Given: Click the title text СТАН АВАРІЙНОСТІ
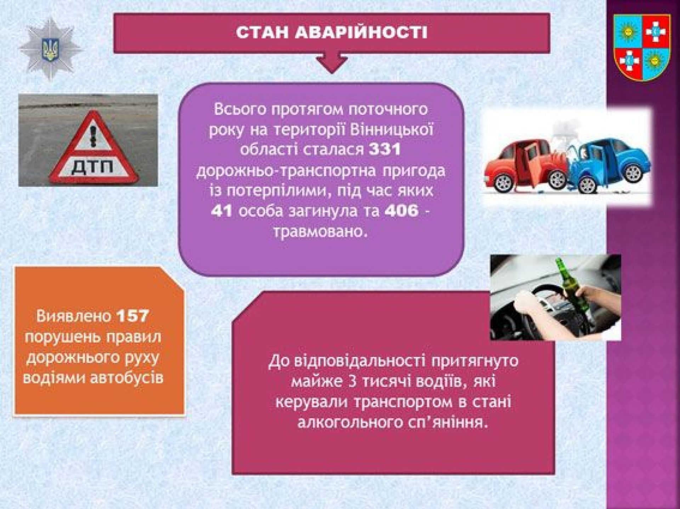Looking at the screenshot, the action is (332, 33).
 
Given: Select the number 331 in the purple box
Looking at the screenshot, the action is (385, 150).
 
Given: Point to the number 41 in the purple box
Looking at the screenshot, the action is (222, 211).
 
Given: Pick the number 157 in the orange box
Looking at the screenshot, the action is (133, 316).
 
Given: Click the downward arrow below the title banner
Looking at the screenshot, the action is (332, 63).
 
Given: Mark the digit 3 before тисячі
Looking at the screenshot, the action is (353, 382).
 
